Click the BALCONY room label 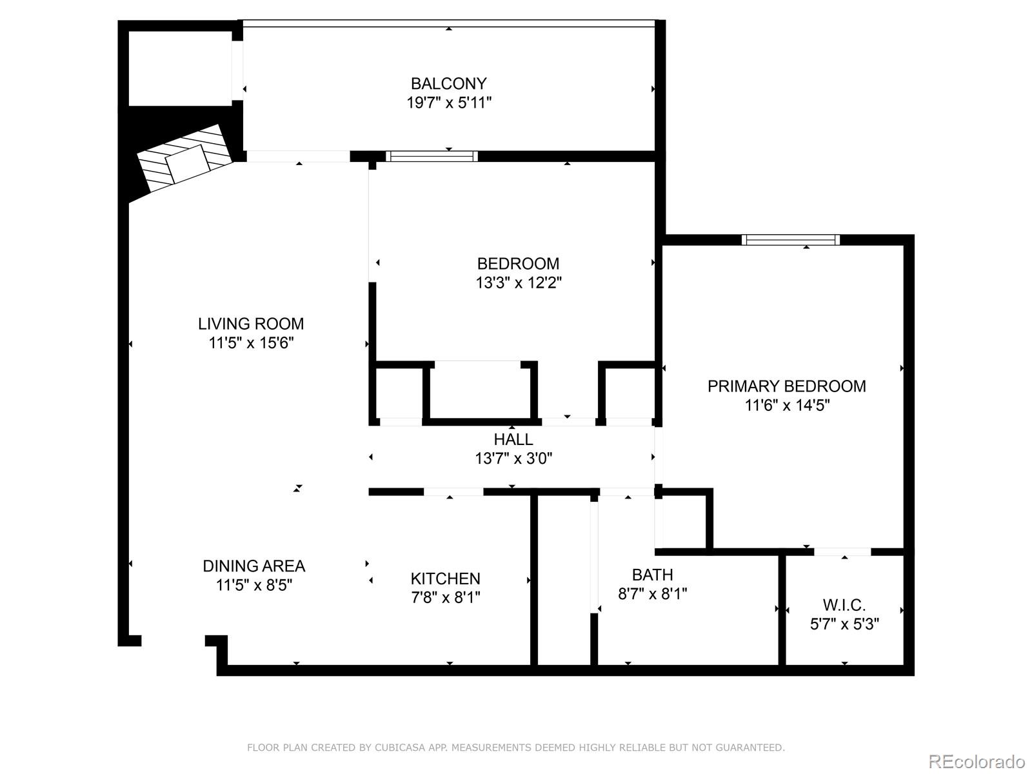click(448, 83)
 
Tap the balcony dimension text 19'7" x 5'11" click(448, 103)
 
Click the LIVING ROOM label click(250, 324)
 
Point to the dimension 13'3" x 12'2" click(519, 283)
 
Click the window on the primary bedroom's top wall click(790, 240)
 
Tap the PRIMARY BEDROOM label click(786, 386)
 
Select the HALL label click(513, 439)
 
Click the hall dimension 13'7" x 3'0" click(513, 459)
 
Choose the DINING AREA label click(253, 566)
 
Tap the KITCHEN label click(445, 579)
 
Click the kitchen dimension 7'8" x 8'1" click(445, 597)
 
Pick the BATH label click(652, 575)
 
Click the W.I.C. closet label click(844, 605)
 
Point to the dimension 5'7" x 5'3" click(844, 624)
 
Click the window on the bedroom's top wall click(432, 156)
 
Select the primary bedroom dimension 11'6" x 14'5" click(786, 405)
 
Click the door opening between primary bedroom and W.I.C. click(842, 551)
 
